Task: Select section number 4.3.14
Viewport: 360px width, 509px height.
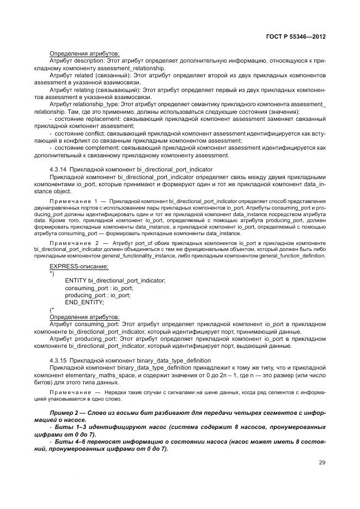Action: (x=58, y=170)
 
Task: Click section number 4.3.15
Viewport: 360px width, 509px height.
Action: (x=58, y=360)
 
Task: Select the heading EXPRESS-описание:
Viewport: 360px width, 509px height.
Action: (x=79, y=266)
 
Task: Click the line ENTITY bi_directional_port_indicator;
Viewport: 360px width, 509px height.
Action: (x=115, y=280)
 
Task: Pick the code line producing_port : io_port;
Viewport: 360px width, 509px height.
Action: (x=97, y=295)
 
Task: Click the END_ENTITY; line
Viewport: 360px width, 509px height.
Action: (x=84, y=302)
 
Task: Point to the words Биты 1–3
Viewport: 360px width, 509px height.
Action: (x=69, y=427)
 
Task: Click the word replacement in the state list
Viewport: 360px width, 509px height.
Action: (x=99, y=118)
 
